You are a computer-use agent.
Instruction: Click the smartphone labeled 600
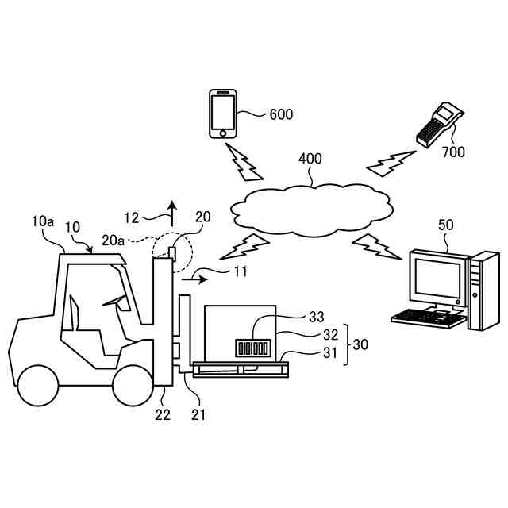point(222,114)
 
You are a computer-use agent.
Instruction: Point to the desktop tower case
point(483,290)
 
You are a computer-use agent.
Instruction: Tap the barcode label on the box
point(252,348)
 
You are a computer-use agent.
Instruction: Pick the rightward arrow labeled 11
point(196,279)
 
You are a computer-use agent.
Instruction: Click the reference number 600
point(281,114)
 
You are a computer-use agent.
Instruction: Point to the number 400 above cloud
point(310,159)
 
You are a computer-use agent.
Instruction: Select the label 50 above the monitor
point(446,225)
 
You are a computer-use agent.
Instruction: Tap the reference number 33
point(317,317)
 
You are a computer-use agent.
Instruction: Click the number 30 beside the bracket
point(360,345)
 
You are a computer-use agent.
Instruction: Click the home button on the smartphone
point(222,133)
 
